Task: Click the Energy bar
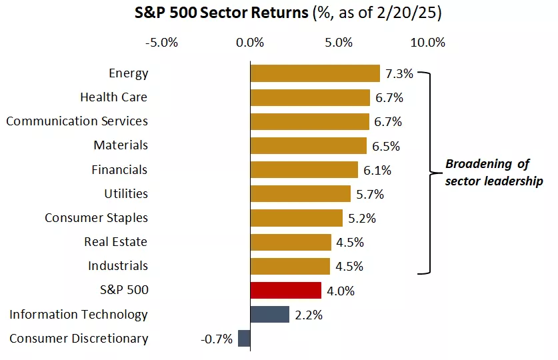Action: click(x=315, y=73)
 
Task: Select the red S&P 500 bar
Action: click(x=285, y=290)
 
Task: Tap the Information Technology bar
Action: click(x=269, y=314)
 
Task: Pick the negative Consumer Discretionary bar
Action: click(x=244, y=339)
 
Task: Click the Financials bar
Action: click(x=304, y=169)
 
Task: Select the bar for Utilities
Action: click(x=300, y=194)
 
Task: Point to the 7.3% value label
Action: click(x=399, y=73)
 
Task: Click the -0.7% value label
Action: click(x=217, y=339)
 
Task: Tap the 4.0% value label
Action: click(x=341, y=290)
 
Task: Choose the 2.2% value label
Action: click(x=309, y=315)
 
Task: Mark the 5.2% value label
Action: click(x=361, y=218)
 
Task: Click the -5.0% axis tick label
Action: click(x=161, y=43)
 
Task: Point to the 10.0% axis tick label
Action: click(x=427, y=43)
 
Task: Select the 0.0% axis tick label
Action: click(x=251, y=43)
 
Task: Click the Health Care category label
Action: click(x=113, y=97)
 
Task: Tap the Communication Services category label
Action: click(x=77, y=121)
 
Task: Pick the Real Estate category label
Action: click(x=115, y=242)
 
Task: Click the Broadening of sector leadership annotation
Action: click(x=493, y=173)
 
